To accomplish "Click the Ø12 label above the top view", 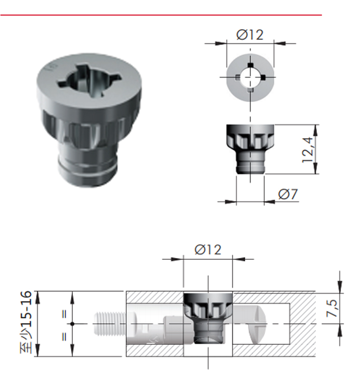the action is coord(250,35).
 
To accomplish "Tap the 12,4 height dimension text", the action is coord(308,150).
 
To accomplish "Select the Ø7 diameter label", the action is coord(288,195).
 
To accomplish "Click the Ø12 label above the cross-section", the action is coord(208,249).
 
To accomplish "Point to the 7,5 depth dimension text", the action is coord(332,308).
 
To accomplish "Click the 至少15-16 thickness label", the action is coord(27,322).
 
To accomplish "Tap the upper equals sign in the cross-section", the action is coord(64,314).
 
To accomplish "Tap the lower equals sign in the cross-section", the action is coord(64,337).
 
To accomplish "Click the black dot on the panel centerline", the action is coord(72,324).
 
